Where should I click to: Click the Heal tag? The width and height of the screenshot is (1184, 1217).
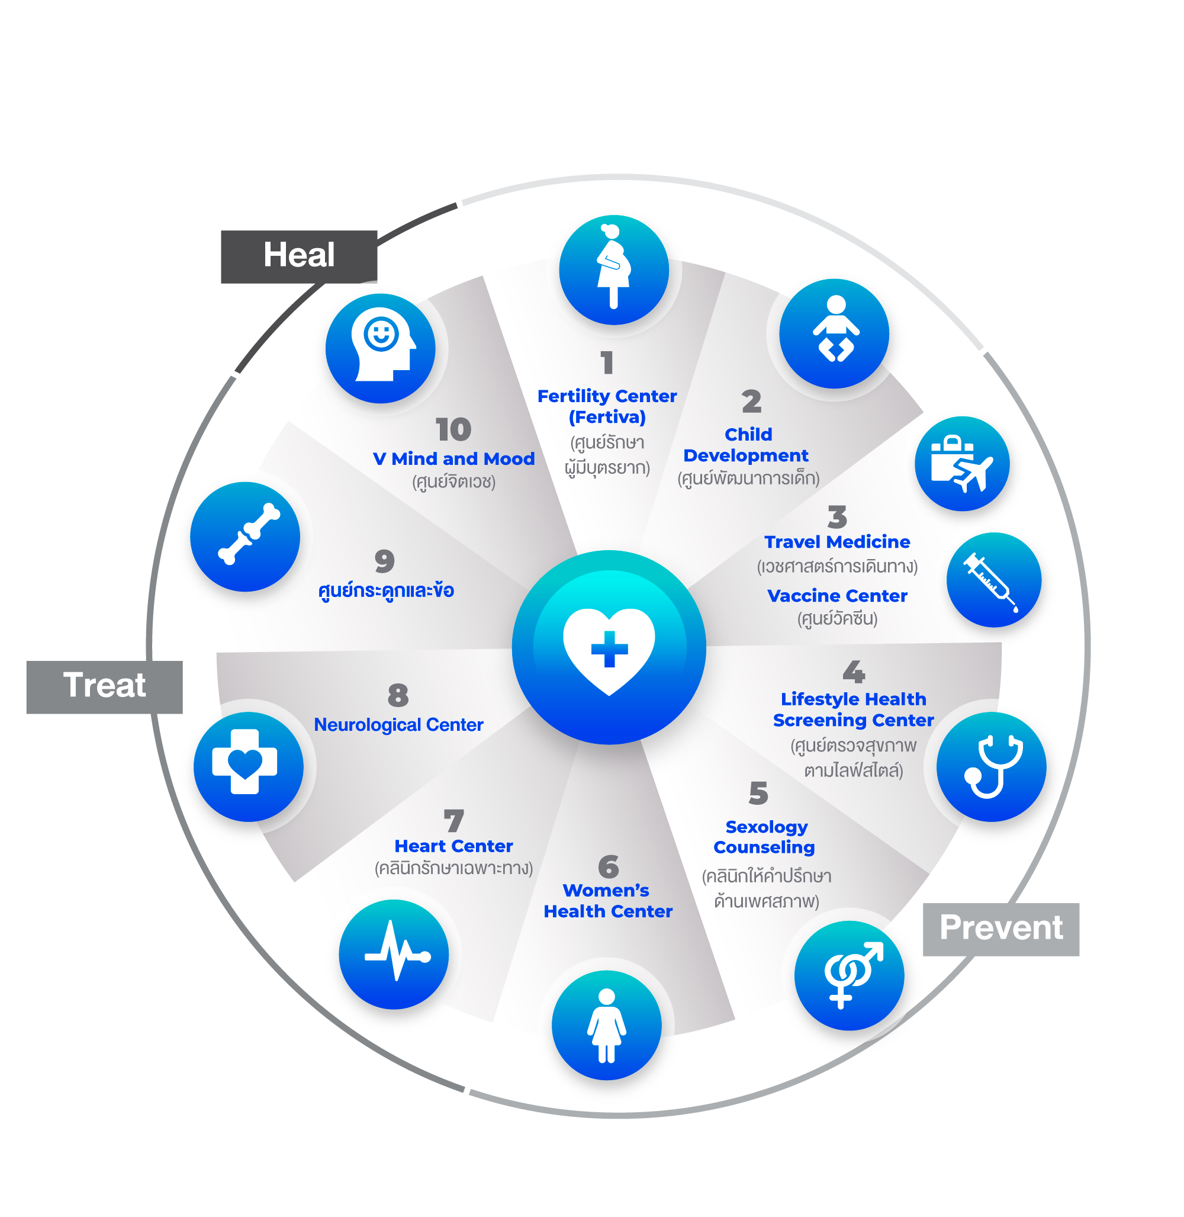(298, 256)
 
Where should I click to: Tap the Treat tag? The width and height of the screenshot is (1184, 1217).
(104, 686)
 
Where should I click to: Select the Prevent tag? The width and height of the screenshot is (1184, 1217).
(1000, 929)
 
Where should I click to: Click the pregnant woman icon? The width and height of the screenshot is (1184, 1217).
(614, 269)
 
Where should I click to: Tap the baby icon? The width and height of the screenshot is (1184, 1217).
(834, 332)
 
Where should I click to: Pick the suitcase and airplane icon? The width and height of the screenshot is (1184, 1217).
(961, 463)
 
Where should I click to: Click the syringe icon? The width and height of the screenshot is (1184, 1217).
(993, 580)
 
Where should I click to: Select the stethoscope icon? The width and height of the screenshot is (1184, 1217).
(991, 766)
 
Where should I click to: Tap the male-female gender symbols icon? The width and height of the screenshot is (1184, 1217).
(850, 975)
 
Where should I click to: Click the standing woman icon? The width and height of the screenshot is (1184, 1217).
(606, 1025)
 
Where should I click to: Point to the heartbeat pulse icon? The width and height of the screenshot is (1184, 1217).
(394, 954)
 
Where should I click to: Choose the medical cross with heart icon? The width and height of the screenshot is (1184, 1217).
(248, 766)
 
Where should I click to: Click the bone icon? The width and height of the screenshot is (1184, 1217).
(245, 536)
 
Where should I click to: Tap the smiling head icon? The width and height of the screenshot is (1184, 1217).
(381, 348)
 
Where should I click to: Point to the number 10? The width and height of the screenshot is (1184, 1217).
(453, 429)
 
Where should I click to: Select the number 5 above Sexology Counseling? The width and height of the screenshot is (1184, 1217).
(758, 794)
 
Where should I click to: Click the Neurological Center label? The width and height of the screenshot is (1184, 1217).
(398, 725)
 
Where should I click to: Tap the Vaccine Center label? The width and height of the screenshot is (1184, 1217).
(837, 596)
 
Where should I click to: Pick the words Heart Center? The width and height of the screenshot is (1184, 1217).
(453, 846)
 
